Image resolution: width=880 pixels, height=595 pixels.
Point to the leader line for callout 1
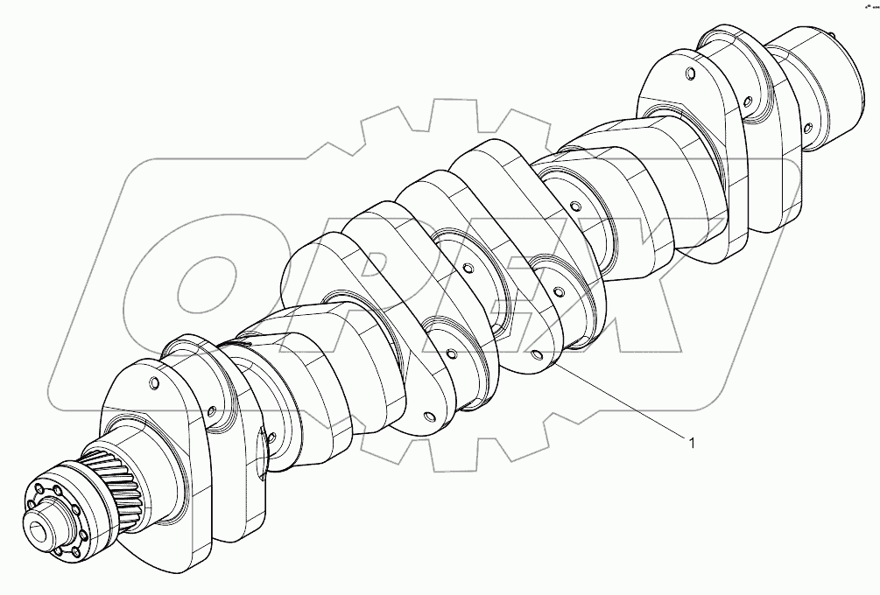click(613, 399)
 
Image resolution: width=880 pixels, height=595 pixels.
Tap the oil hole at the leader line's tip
click(536, 355)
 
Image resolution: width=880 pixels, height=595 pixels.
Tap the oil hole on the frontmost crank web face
click(154, 383)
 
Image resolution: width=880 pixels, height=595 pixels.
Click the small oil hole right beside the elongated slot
click(273, 437)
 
